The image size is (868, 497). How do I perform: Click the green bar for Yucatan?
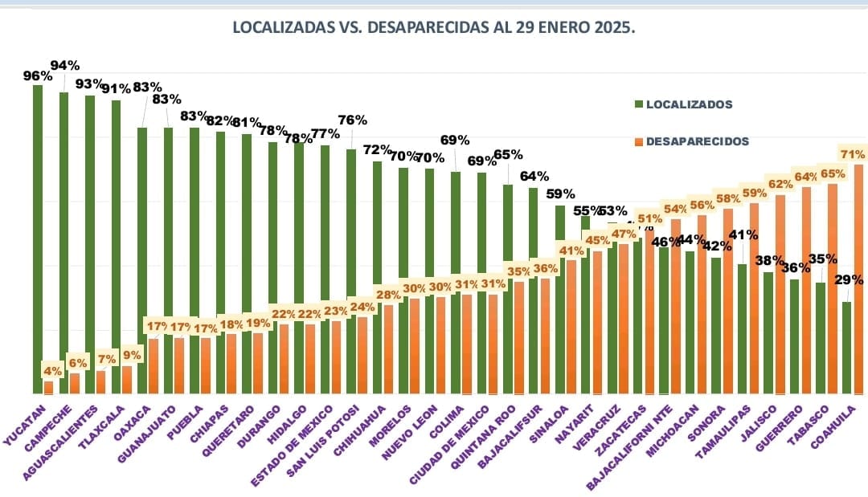37,241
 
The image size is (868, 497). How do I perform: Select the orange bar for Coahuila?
858,281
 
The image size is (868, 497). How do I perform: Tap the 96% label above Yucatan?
37,76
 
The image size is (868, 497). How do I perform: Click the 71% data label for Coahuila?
852,154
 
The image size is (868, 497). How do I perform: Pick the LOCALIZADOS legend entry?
689,104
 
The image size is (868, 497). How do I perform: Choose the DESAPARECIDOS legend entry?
696,141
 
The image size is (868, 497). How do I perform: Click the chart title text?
434,27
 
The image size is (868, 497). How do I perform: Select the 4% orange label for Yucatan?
52,371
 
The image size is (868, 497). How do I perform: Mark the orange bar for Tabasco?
833,289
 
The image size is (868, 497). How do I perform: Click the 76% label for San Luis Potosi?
352,120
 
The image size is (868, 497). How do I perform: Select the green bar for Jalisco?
768,333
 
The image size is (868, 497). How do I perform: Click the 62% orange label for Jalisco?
780,184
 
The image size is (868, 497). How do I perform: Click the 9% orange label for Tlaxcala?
131,355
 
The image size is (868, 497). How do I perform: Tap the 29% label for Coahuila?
848,280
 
